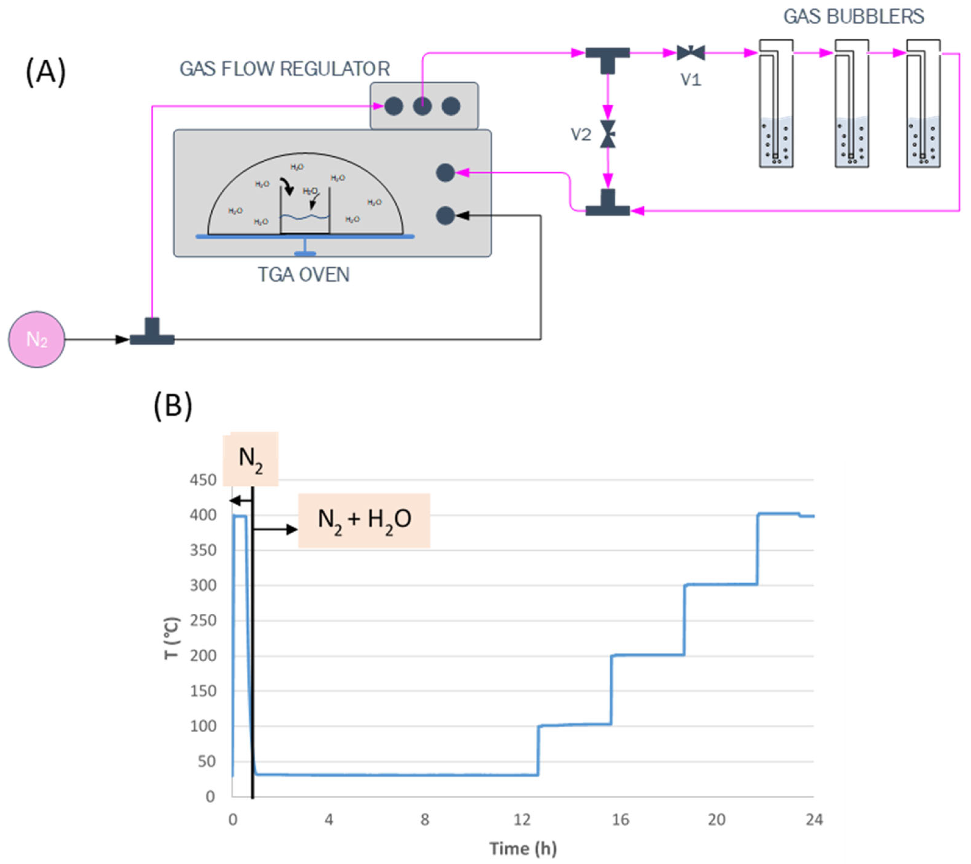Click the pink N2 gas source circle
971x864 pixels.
click(x=37, y=339)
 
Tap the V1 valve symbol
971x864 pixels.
click(x=690, y=53)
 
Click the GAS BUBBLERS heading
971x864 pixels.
click(x=853, y=17)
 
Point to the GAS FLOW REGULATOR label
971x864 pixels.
click(x=285, y=69)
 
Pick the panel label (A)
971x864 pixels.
click(x=46, y=72)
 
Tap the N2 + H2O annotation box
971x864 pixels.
click(x=364, y=520)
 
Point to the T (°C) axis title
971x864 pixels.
click(x=171, y=638)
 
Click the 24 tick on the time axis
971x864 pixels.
click(x=814, y=820)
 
